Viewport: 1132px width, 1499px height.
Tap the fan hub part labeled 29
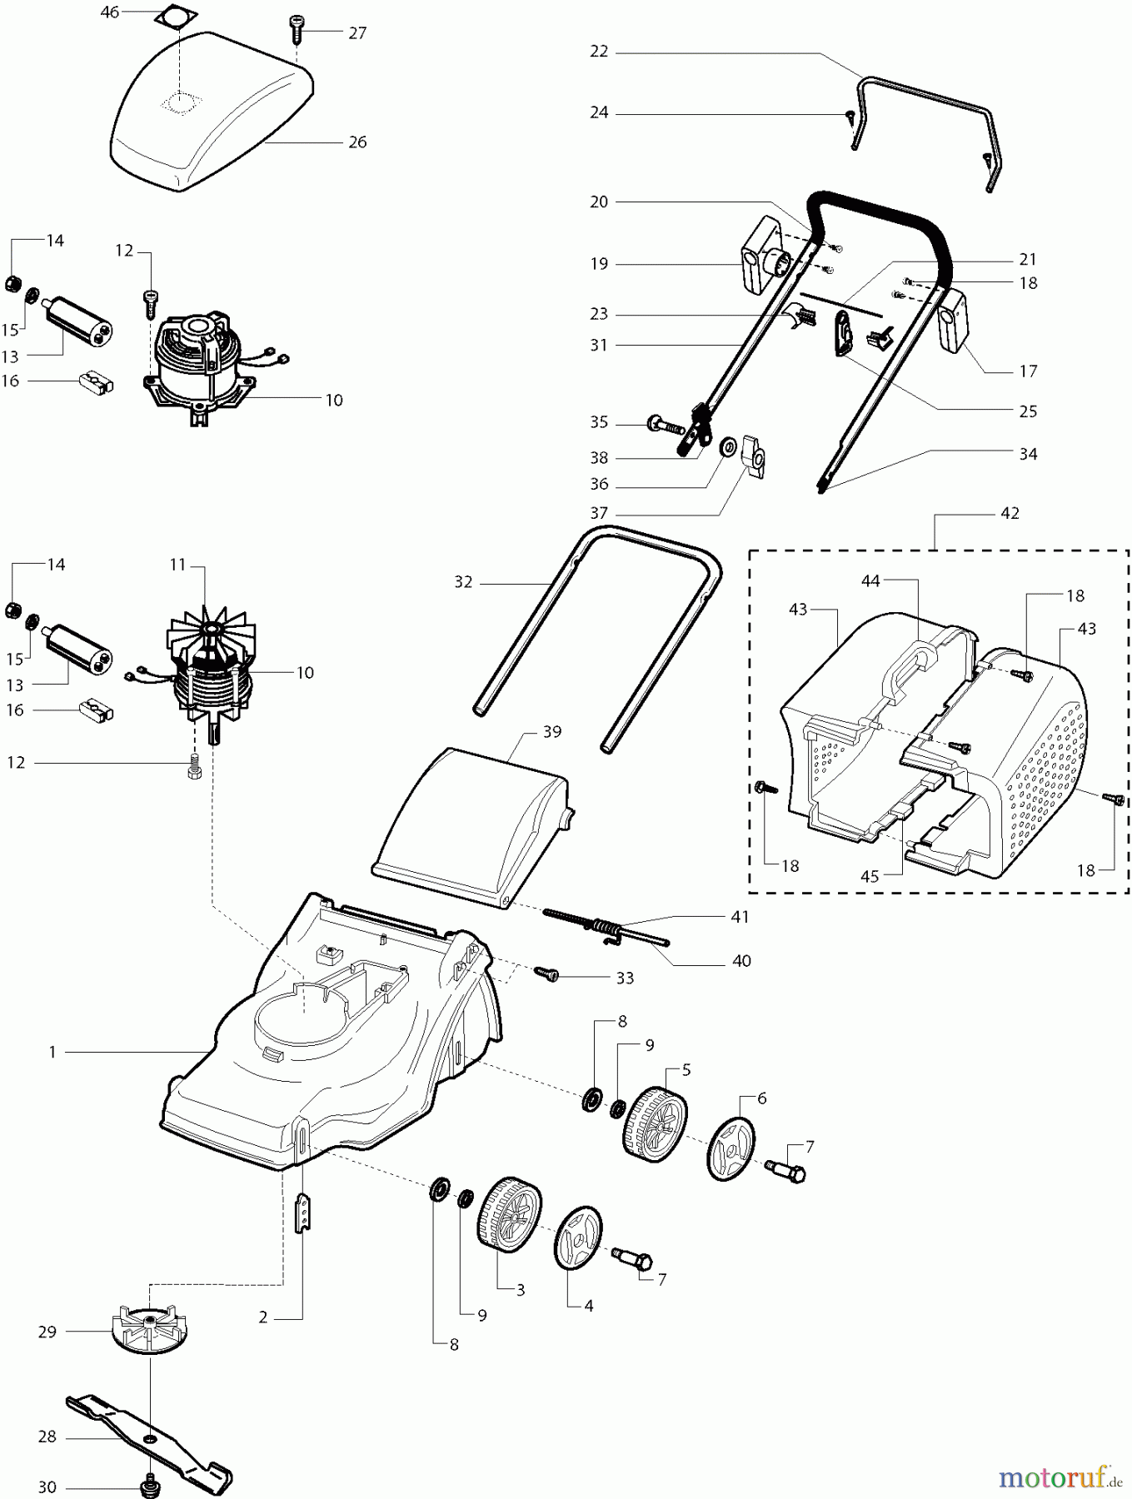[146, 1330]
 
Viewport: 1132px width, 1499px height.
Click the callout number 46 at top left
[109, 12]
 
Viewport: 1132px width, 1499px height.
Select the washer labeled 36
[726, 447]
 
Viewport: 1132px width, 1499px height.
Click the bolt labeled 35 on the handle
[664, 426]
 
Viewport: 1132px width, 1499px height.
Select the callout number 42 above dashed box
[1009, 513]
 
